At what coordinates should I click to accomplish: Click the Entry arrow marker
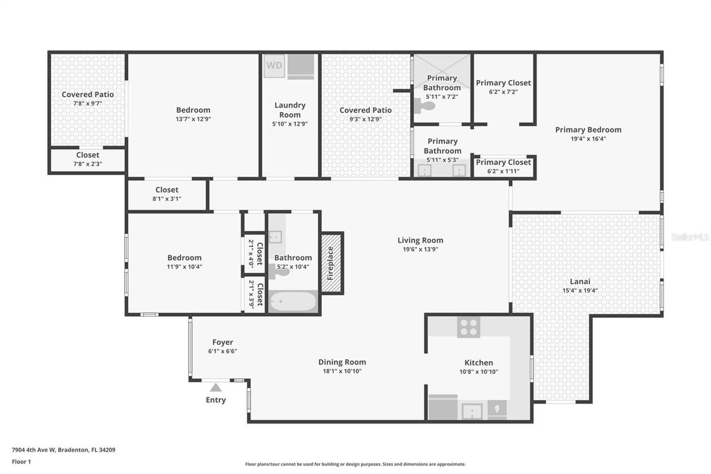coord(216,387)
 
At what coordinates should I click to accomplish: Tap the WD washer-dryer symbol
coord(274,65)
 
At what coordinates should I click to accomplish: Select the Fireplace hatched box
coord(332,263)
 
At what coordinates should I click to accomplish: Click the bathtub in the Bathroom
coord(293,302)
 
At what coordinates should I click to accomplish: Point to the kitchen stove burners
coord(468,327)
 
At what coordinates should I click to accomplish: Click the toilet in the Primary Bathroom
coord(426,106)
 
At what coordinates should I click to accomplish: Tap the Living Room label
coord(420,240)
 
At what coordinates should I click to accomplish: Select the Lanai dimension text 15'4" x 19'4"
coord(580,290)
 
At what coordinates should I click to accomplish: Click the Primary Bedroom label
coord(588,129)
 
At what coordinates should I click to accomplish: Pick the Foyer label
coord(222,342)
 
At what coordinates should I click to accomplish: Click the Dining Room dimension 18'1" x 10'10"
coord(342,371)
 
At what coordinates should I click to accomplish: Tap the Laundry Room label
coord(290,109)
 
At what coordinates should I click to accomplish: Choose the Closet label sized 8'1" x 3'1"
coord(167,189)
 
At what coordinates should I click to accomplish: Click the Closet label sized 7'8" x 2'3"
coord(88,155)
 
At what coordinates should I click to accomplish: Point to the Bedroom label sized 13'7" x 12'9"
coord(193,110)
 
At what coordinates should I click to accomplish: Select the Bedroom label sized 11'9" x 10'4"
coord(184,257)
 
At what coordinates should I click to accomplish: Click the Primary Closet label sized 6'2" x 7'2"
coord(503,83)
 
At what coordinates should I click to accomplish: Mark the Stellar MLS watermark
coord(690,237)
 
